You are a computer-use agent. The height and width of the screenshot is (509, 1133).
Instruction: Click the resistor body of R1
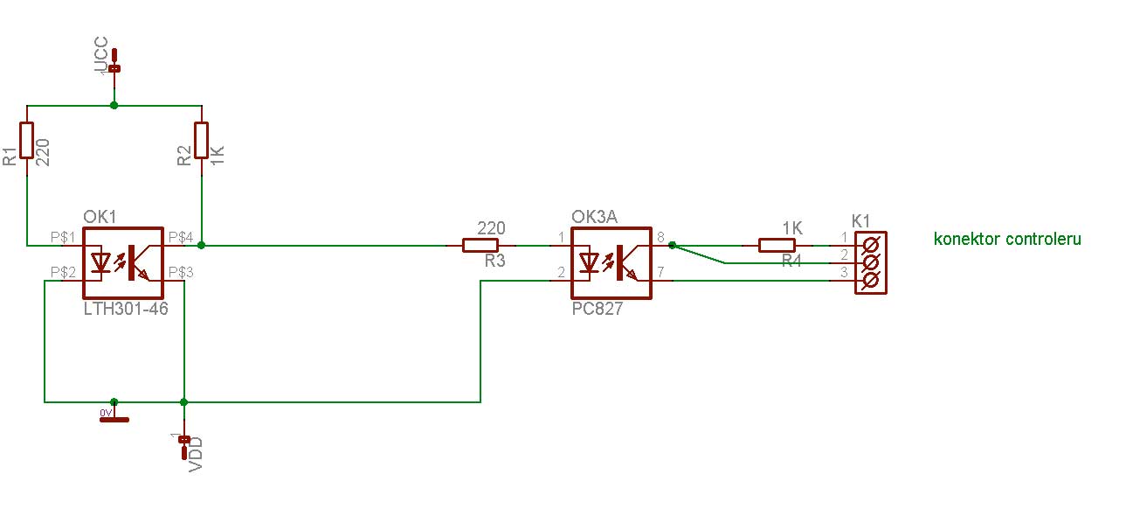(x=27, y=143)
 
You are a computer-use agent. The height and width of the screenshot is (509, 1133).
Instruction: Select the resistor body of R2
(x=202, y=143)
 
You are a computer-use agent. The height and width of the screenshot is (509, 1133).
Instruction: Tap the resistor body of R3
(x=480, y=246)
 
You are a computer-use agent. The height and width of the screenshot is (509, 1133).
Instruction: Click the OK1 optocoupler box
(x=123, y=262)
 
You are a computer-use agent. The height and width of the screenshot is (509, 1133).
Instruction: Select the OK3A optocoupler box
(x=611, y=262)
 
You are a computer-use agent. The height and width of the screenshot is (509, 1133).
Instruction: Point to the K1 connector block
(x=870, y=262)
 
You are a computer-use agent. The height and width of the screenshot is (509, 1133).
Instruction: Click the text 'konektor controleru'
(x=1007, y=239)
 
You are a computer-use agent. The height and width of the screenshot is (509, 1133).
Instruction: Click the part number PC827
(x=598, y=309)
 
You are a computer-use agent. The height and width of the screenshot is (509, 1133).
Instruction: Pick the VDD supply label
(x=196, y=453)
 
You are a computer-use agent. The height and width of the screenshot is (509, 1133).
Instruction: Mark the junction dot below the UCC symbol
(x=114, y=106)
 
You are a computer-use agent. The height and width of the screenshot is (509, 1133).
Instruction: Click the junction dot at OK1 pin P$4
(x=202, y=246)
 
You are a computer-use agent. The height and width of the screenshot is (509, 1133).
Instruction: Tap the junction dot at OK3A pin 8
(x=672, y=246)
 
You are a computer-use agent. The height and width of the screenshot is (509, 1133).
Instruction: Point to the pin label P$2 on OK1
(x=62, y=272)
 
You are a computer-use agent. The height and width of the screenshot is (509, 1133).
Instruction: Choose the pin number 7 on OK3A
(x=660, y=273)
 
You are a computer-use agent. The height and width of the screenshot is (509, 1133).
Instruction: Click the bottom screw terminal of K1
(x=870, y=281)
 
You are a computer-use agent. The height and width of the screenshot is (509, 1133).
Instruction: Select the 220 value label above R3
(x=491, y=228)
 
